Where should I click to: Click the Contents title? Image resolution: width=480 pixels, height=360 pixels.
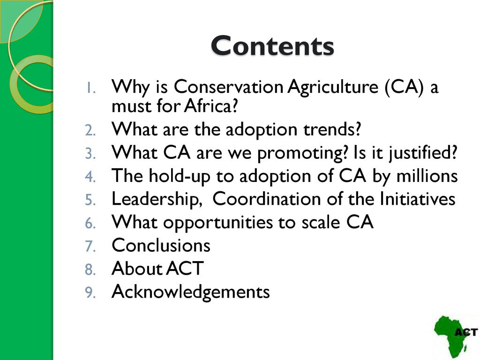(x=272, y=46)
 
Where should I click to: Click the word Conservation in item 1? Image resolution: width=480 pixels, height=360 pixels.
(x=228, y=86)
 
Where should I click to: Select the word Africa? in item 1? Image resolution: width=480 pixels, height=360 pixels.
(x=211, y=106)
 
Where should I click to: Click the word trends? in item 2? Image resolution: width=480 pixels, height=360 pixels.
(x=332, y=129)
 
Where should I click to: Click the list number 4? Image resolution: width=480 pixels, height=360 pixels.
(x=90, y=177)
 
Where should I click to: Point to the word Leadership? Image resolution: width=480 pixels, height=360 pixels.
(x=157, y=200)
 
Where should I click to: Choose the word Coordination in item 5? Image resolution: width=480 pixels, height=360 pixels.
(x=267, y=199)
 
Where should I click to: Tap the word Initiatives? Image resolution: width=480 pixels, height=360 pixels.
(x=418, y=199)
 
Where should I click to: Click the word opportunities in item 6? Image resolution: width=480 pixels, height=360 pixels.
(x=217, y=223)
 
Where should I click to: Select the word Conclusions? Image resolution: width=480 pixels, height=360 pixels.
(x=161, y=245)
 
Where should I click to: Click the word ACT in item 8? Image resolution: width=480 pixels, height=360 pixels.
(x=185, y=269)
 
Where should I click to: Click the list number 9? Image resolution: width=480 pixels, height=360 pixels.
(x=90, y=292)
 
